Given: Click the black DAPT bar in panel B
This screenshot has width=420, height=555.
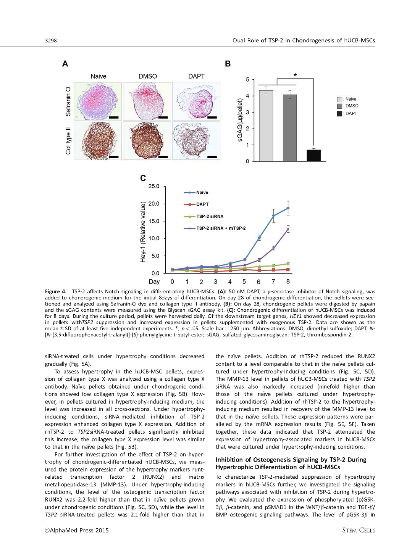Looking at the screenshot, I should point(313,156).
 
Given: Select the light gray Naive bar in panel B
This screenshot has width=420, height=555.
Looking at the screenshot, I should point(266,126).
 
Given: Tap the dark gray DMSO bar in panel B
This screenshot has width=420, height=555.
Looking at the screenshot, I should point(290,128).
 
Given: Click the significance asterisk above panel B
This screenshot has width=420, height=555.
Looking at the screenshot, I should point(295,76).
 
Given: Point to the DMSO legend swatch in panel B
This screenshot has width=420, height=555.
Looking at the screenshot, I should point(339,106).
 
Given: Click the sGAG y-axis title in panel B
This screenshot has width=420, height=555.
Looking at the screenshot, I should point(240,120).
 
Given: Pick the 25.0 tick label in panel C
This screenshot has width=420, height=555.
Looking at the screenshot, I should point(154,186).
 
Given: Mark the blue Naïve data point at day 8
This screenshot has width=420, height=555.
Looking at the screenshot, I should point(288,208).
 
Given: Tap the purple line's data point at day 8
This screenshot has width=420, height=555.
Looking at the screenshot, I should point(288,229).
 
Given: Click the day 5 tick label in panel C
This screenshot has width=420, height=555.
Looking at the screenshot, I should point(244,282).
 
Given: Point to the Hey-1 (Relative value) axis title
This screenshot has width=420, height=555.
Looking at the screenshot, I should point(143,232).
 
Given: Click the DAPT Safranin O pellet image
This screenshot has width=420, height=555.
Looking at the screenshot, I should point(196,101).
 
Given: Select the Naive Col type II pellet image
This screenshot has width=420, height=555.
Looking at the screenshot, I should point(98,141).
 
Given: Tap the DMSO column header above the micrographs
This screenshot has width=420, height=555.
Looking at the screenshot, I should point(148,76).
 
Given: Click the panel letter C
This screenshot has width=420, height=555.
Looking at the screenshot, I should point(143,178).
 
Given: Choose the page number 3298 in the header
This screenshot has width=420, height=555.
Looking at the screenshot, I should point(51,40).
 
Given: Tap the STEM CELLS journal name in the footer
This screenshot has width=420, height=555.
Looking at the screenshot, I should point(359,530).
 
